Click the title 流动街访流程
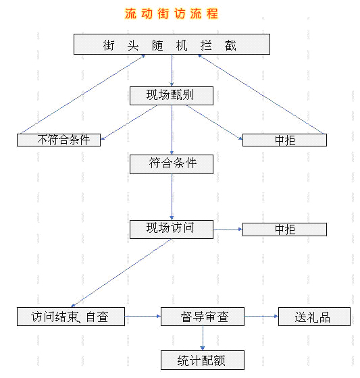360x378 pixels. coord(172,13)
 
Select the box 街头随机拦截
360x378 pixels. coord(172,44)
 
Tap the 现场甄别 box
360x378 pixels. coord(172,96)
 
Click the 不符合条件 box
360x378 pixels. coord(59,140)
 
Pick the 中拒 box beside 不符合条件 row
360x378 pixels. coord(284,140)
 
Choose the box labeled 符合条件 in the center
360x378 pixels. coord(172,164)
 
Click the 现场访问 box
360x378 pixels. coord(172,230)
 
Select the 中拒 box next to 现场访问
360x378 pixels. coord(284,230)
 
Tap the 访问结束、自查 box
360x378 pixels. coord(71,317)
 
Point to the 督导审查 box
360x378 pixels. coord(203,317)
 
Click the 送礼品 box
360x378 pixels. coord(314,317)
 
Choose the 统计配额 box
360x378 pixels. coord(203,360)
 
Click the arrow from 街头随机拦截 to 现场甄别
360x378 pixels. coord(172,70)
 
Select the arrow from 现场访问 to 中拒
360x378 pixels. coord(228,230)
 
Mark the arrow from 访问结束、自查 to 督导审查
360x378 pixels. coord(143,316)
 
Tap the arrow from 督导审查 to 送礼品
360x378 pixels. coord(261,316)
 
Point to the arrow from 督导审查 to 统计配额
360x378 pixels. coord(203,338)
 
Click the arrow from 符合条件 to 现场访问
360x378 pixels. coord(172,197)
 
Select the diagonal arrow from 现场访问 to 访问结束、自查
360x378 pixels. coord(122,273)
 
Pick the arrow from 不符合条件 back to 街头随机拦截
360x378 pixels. coord(83,94)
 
